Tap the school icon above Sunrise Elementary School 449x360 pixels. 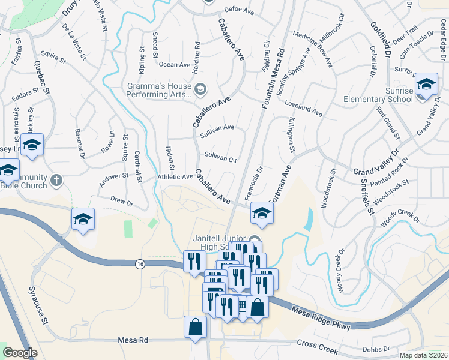pyautogui.click(x=426, y=85)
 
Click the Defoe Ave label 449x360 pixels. pyautogui.click(x=240, y=10)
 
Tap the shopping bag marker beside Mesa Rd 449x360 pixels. pyautogui.click(x=196, y=327)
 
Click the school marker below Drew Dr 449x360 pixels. pyautogui.click(x=83, y=220)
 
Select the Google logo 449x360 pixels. pyautogui.click(x=20, y=353)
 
